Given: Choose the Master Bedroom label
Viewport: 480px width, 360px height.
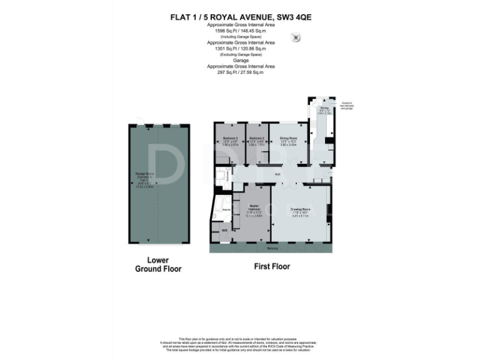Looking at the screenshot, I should pos(254,207).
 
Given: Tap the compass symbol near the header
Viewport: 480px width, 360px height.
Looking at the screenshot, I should pos(296,39).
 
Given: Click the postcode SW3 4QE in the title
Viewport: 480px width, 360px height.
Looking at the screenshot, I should pos(292,18).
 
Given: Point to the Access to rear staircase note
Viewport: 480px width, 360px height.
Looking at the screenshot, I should pos(347,106).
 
